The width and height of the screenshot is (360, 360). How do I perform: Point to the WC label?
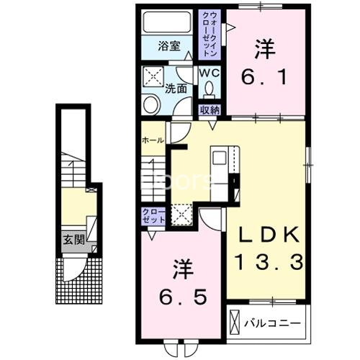click(210, 73)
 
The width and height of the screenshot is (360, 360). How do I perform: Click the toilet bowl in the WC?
click(210, 89)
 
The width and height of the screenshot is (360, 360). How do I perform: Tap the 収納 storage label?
click(210, 110)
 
